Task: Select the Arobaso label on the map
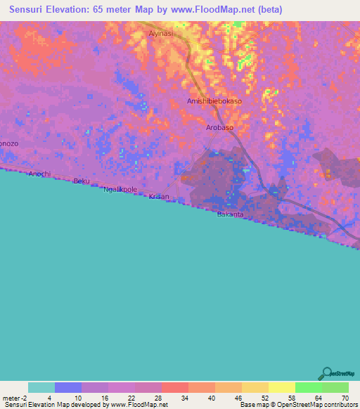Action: click(x=219, y=128)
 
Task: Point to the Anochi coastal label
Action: click(x=40, y=174)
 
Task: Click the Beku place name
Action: click(x=82, y=181)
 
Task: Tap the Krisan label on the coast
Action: click(x=159, y=197)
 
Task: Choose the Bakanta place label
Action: click(x=230, y=214)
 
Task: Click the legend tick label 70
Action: click(x=345, y=397)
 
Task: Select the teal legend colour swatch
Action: click(x=41, y=387)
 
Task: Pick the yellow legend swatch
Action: click(x=281, y=387)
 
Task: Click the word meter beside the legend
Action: click(x=13, y=397)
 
